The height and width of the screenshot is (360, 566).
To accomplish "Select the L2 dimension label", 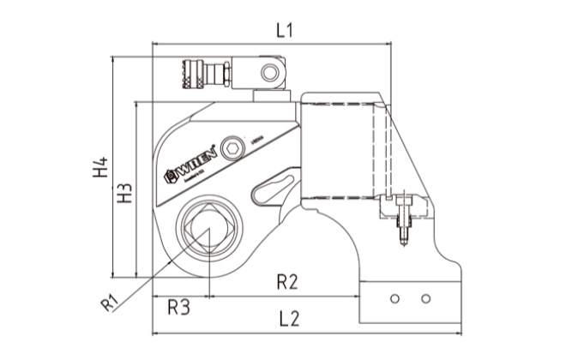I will (289, 319).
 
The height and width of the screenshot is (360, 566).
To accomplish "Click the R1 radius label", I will (108, 301).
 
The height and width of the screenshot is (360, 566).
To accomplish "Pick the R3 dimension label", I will (178, 306).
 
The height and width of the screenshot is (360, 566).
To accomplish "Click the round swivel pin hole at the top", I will (274, 69).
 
